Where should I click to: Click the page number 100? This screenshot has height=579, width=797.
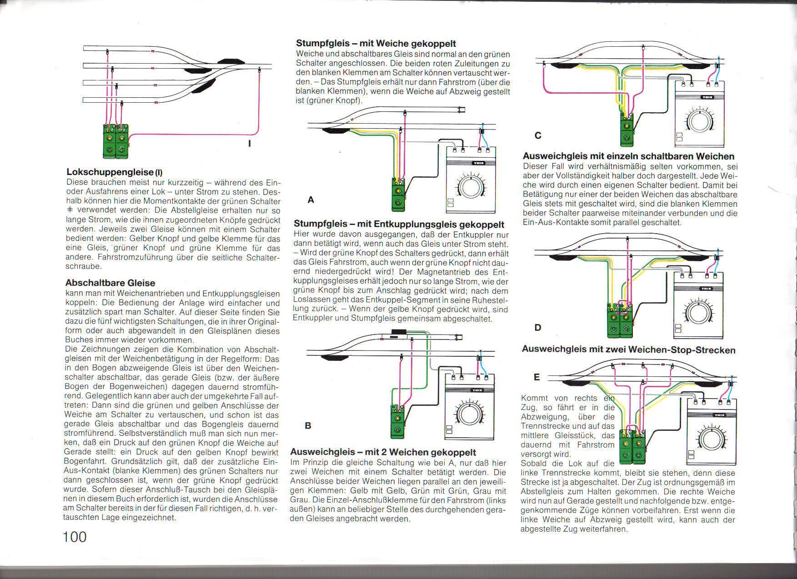click(75, 537)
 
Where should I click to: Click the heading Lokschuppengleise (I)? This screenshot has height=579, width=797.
click(114, 172)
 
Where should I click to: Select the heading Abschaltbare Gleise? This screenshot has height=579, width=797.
click(110, 283)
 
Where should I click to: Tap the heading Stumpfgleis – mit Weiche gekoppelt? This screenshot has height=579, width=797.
click(376, 44)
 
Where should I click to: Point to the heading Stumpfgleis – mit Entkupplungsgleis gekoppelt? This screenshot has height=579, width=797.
click(399, 224)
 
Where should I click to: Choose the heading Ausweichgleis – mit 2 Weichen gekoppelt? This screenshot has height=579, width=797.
click(383, 452)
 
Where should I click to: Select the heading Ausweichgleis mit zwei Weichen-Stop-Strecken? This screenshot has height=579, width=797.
click(628, 349)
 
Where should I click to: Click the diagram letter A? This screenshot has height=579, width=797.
click(311, 200)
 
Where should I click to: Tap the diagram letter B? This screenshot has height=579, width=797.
click(308, 426)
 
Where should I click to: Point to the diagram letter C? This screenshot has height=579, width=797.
click(538, 135)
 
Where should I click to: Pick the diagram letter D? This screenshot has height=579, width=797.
click(538, 327)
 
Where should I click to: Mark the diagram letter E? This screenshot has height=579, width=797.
click(537, 377)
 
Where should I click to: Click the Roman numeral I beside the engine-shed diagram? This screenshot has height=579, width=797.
click(249, 144)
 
